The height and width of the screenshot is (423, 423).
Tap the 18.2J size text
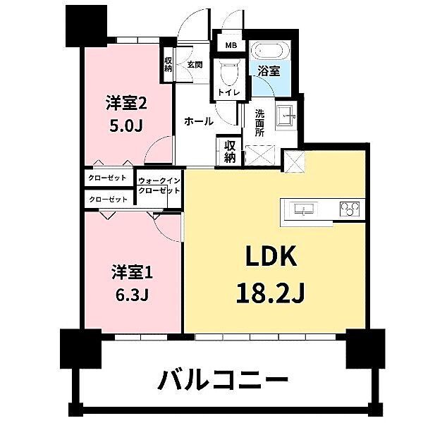[271, 291]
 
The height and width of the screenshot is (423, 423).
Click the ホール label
[199, 121]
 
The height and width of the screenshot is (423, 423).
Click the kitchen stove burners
[349, 209]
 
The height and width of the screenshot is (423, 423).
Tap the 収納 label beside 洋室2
[169, 64]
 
